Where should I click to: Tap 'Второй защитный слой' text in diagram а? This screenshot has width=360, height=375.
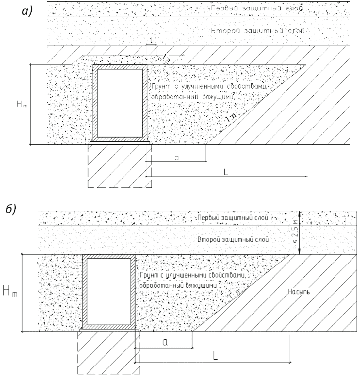click(258, 31)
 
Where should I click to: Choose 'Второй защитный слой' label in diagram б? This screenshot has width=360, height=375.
click(233, 240)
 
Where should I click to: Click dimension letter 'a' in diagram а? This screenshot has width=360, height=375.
click(176, 157)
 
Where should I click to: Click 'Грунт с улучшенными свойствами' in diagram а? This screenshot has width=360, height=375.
click(209, 87)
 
